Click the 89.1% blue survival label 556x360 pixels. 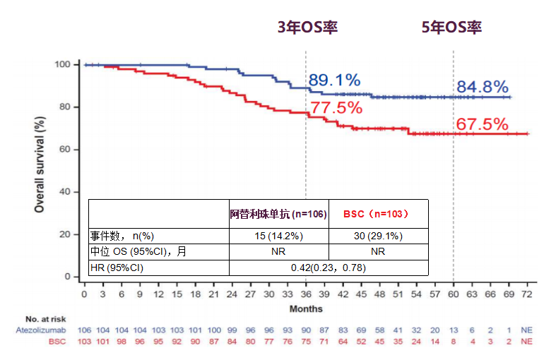[334, 80]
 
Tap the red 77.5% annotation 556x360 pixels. [336, 108]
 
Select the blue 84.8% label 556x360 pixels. [482, 87]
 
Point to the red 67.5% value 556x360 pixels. [482, 124]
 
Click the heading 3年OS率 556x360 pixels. [307, 28]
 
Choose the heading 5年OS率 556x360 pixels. [451, 28]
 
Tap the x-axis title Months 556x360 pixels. [305, 308]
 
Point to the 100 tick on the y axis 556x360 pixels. [62, 65]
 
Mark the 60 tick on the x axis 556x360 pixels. [453, 293]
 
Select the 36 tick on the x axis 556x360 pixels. [305, 293]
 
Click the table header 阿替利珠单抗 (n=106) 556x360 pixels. [278, 213]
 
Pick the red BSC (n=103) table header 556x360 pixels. [377, 213]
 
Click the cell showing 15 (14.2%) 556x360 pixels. [278, 236]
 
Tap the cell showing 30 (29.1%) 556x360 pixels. [377, 236]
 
